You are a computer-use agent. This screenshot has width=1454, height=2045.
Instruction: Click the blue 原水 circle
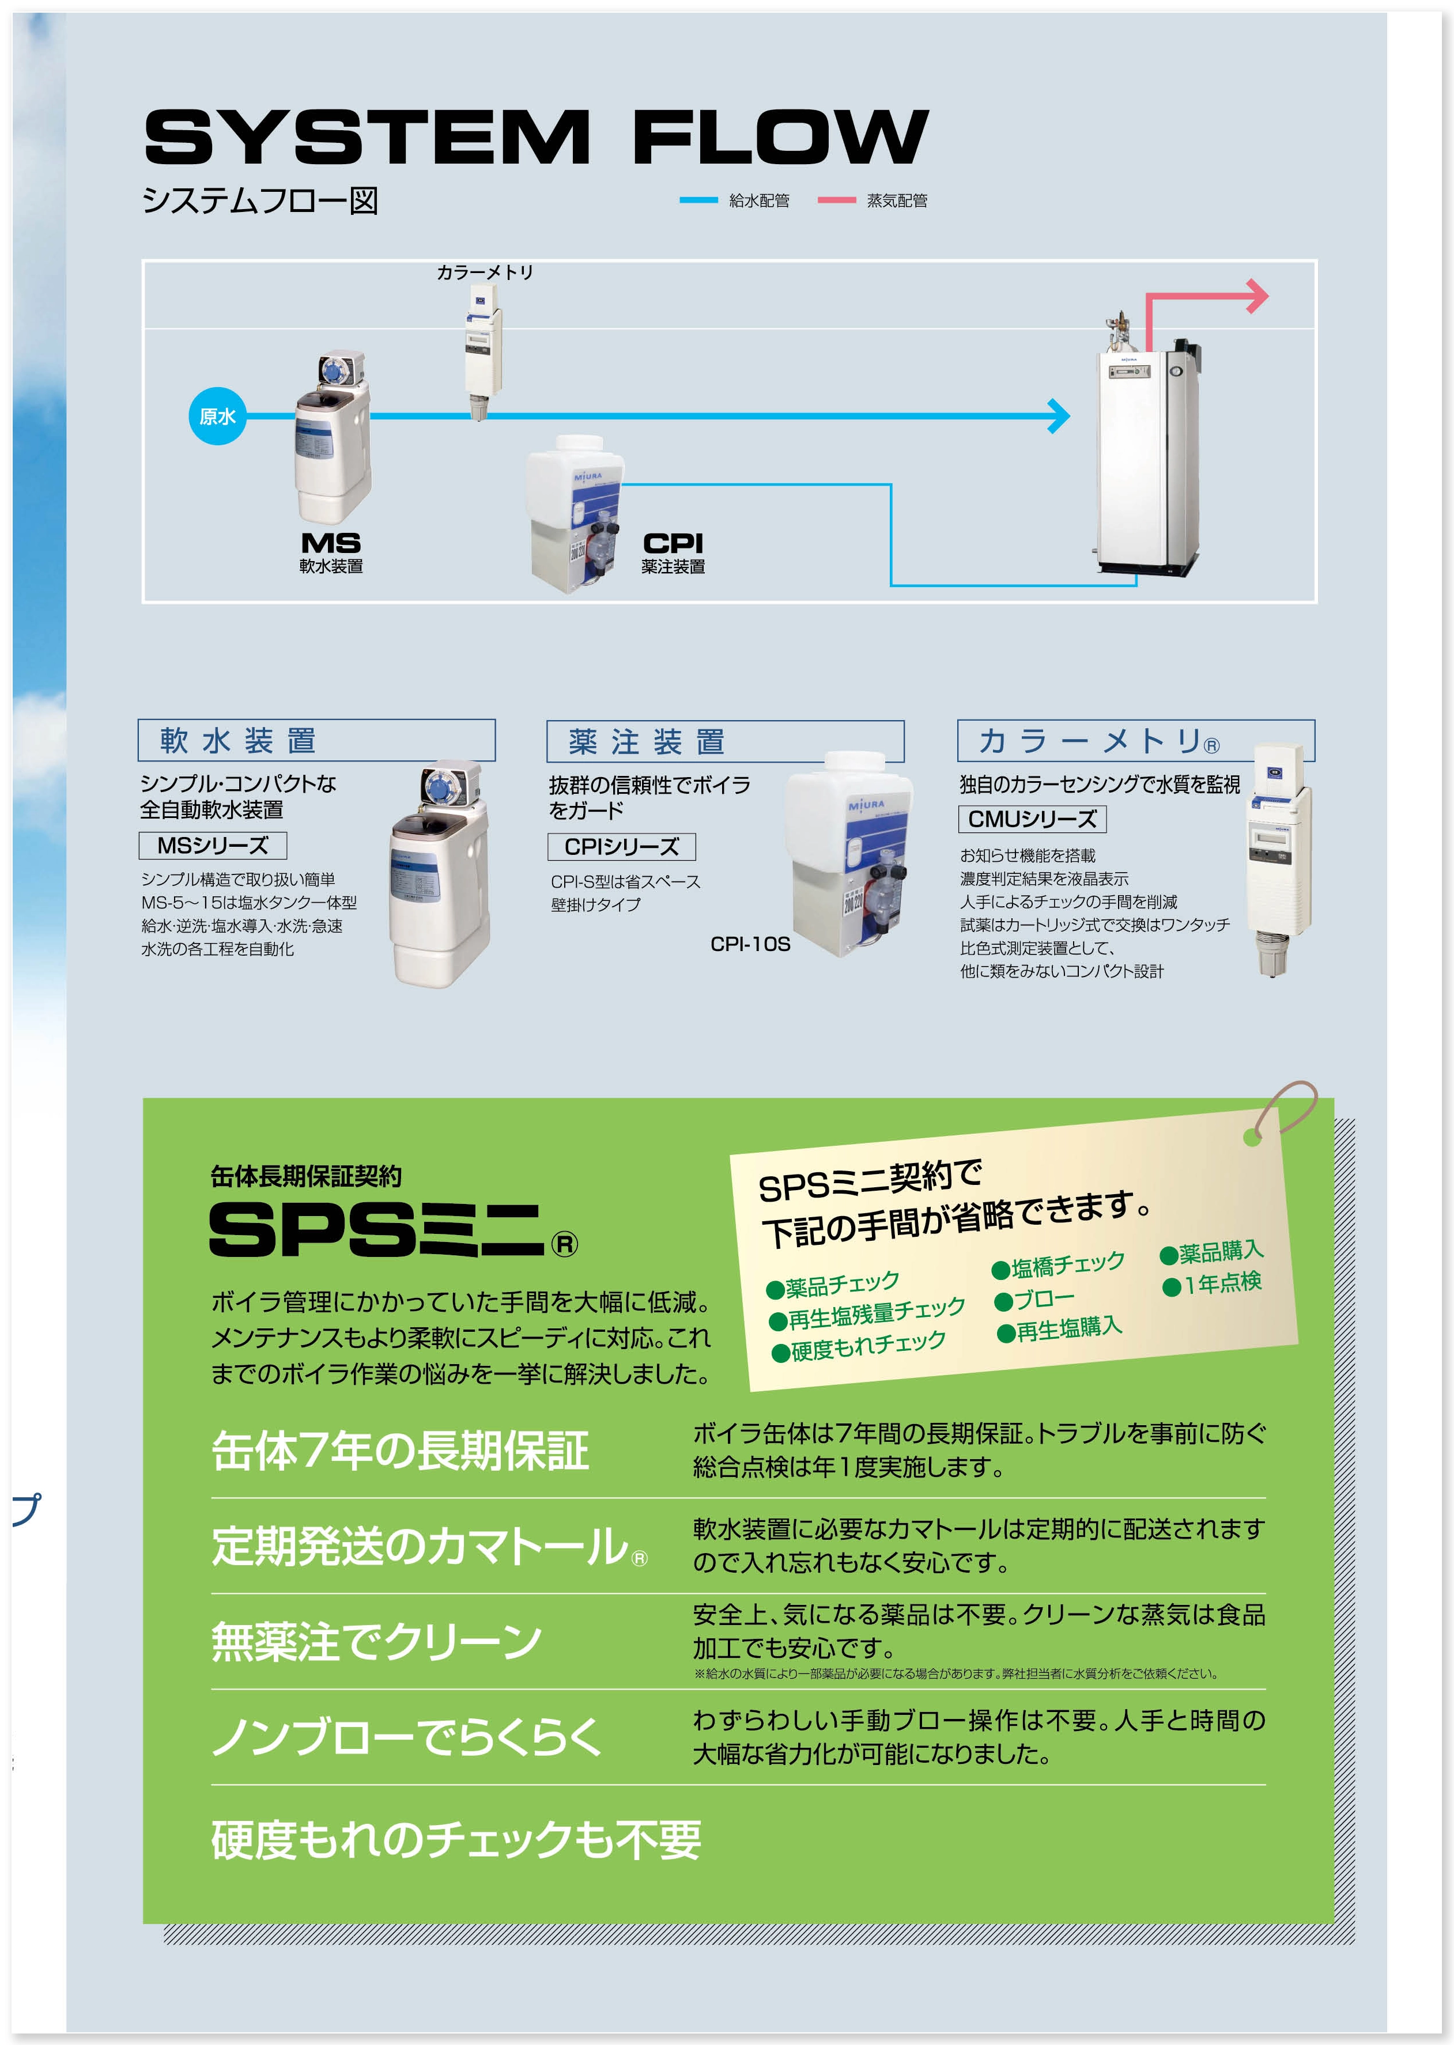[x=217, y=416]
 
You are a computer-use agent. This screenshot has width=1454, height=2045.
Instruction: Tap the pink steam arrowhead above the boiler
[x=1259, y=296]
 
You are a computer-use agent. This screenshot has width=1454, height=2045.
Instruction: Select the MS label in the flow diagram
[x=330, y=543]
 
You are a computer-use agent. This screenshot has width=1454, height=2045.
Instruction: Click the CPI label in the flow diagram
[x=673, y=543]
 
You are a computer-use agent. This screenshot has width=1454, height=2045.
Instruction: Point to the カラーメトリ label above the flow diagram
[x=484, y=272]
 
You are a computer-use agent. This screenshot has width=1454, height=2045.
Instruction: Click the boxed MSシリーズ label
[x=213, y=846]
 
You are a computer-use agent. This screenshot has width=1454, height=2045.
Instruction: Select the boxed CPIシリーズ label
[x=621, y=847]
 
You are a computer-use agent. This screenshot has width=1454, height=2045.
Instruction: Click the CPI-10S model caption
[x=750, y=944]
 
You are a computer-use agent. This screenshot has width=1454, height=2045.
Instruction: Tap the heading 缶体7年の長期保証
[x=400, y=1451]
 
